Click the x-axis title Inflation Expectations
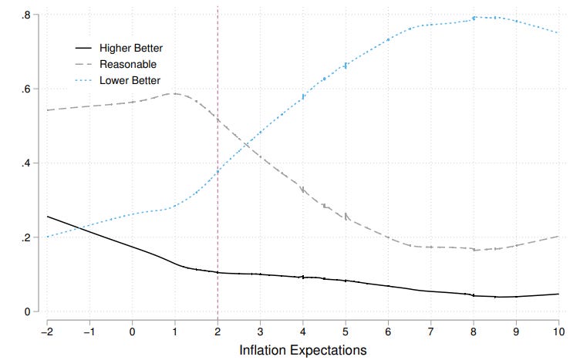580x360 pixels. pyautogui.click(x=302, y=349)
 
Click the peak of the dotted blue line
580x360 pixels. pyautogui.click(x=475, y=17)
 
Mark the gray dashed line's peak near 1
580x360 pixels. pyautogui.click(x=174, y=93)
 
